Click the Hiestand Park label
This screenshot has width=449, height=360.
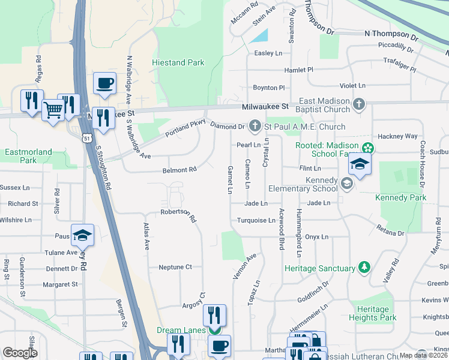[178, 62]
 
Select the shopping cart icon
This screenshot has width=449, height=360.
[53, 110]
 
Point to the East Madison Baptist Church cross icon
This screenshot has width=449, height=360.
[359, 105]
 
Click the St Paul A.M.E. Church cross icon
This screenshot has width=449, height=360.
[255, 126]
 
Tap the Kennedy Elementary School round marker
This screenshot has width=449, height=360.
[346, 183]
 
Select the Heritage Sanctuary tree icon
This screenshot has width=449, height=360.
[363, 267]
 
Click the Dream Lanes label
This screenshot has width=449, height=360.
[181, 330]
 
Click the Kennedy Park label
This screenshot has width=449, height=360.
[400, 197]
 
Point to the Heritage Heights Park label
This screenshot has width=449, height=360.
[372, 313]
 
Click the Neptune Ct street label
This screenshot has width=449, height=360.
[175, 267]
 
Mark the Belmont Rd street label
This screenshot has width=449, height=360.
[179, 170]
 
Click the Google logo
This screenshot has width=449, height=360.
[20, 353]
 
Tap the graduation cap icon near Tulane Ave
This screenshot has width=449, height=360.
[82, 235]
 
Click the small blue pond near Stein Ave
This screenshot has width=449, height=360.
[259, 35]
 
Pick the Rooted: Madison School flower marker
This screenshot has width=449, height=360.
[367, 148]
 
